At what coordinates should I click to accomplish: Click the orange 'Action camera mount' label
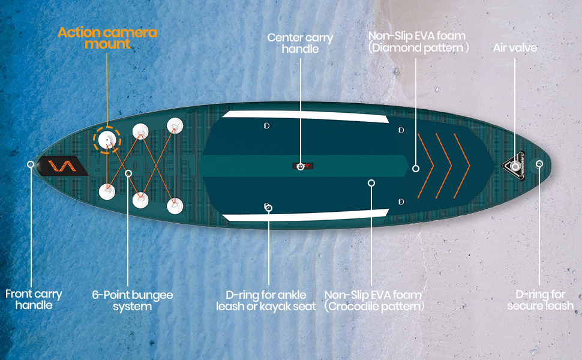(x=107, y=38)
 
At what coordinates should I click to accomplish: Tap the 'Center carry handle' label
(x=300, y=43)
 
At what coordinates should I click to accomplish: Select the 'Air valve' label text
(x=515, y=47)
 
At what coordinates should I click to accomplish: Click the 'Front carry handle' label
(x=34, y=299)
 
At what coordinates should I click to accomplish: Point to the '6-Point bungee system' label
(x=132, y=301)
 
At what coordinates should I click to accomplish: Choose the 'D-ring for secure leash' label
(x=540, y=300)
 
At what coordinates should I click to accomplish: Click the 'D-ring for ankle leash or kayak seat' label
(x=266, y=301)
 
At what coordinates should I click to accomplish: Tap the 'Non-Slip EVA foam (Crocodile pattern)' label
(x=373, y=301)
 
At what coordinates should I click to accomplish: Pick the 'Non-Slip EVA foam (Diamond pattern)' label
(x=418, y=42)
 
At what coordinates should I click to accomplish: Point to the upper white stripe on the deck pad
(x=303, y=117)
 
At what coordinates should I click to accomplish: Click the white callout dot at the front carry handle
(x=31, y=164)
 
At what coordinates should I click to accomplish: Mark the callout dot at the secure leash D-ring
(x=539, y=164)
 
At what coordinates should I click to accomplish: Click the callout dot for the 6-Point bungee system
(x=128, y=173)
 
